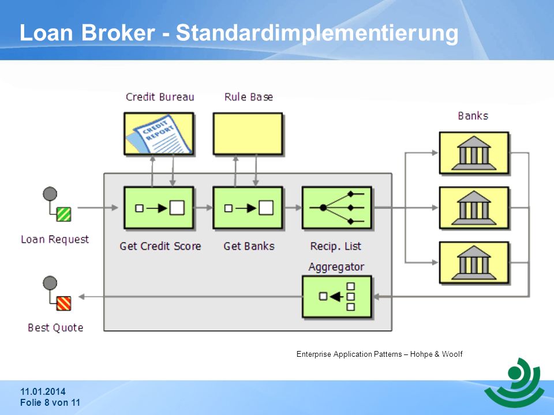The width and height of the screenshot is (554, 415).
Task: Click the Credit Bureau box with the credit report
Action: [159, 134]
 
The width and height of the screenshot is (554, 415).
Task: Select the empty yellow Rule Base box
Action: [248, 134]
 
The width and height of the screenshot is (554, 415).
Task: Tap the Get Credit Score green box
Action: [159, 208]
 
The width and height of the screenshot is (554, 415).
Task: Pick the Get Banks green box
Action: [248, 208]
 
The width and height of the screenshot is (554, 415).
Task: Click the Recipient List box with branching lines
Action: [337, 208]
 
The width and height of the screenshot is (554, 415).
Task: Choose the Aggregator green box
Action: [337, 297]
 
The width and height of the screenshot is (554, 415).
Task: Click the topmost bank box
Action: [474, 153]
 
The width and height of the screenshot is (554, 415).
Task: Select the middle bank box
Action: [474, 208]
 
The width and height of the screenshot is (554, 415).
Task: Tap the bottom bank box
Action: [474, 263]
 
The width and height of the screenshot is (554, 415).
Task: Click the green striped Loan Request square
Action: [63, 214]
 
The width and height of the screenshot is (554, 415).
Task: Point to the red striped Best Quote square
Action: [63, 304]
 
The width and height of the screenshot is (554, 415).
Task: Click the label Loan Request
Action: [55, 239]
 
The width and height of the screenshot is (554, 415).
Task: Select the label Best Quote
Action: [55, 327]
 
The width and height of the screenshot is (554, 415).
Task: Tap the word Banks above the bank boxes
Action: [473, 116]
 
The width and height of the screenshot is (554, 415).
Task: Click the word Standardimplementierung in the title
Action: [317, 33]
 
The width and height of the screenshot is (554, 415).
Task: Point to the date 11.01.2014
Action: [43, 391]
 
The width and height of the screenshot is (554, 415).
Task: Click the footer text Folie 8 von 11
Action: [50, 403]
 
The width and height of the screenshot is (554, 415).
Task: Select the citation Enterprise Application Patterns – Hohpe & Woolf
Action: [380, 354]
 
